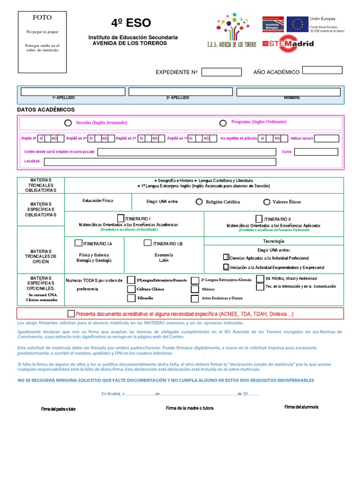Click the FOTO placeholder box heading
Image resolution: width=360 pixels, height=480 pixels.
click(x=42, y=18)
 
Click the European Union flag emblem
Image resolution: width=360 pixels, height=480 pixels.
click(x=297, y=24)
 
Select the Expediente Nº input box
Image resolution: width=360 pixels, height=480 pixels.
click(x=221, y=72)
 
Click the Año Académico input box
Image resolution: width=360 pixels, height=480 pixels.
click(x=322, y=70)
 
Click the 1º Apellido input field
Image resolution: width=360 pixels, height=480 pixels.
click(x=73, y=91)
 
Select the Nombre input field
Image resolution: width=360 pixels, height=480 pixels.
click(x=290, y=91)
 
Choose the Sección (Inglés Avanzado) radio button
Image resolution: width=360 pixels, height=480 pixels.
click(x=68, y=123)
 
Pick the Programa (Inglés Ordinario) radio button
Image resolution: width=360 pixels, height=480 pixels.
click(x=223, y=123)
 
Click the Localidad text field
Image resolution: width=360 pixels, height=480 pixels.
click(x=160, y=162)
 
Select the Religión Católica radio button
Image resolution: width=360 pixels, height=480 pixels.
click(x=200, y=202)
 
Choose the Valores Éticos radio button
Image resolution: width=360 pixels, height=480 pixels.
click(x=267, y=202)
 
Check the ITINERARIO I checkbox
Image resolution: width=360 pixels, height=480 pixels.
click(x=121, y=218)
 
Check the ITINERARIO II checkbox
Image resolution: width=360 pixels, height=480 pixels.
click(x=259, y=218)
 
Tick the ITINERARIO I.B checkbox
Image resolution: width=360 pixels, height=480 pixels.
click(x=147, y=243)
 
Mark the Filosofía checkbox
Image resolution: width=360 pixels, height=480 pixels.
click(x=131, y=298)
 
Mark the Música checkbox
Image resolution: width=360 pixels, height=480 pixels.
click(x=195, y=289)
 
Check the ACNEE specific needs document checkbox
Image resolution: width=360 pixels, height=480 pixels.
click(x=71, y=314)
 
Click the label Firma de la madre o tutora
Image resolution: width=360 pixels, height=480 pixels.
click(x=189, y=408)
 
